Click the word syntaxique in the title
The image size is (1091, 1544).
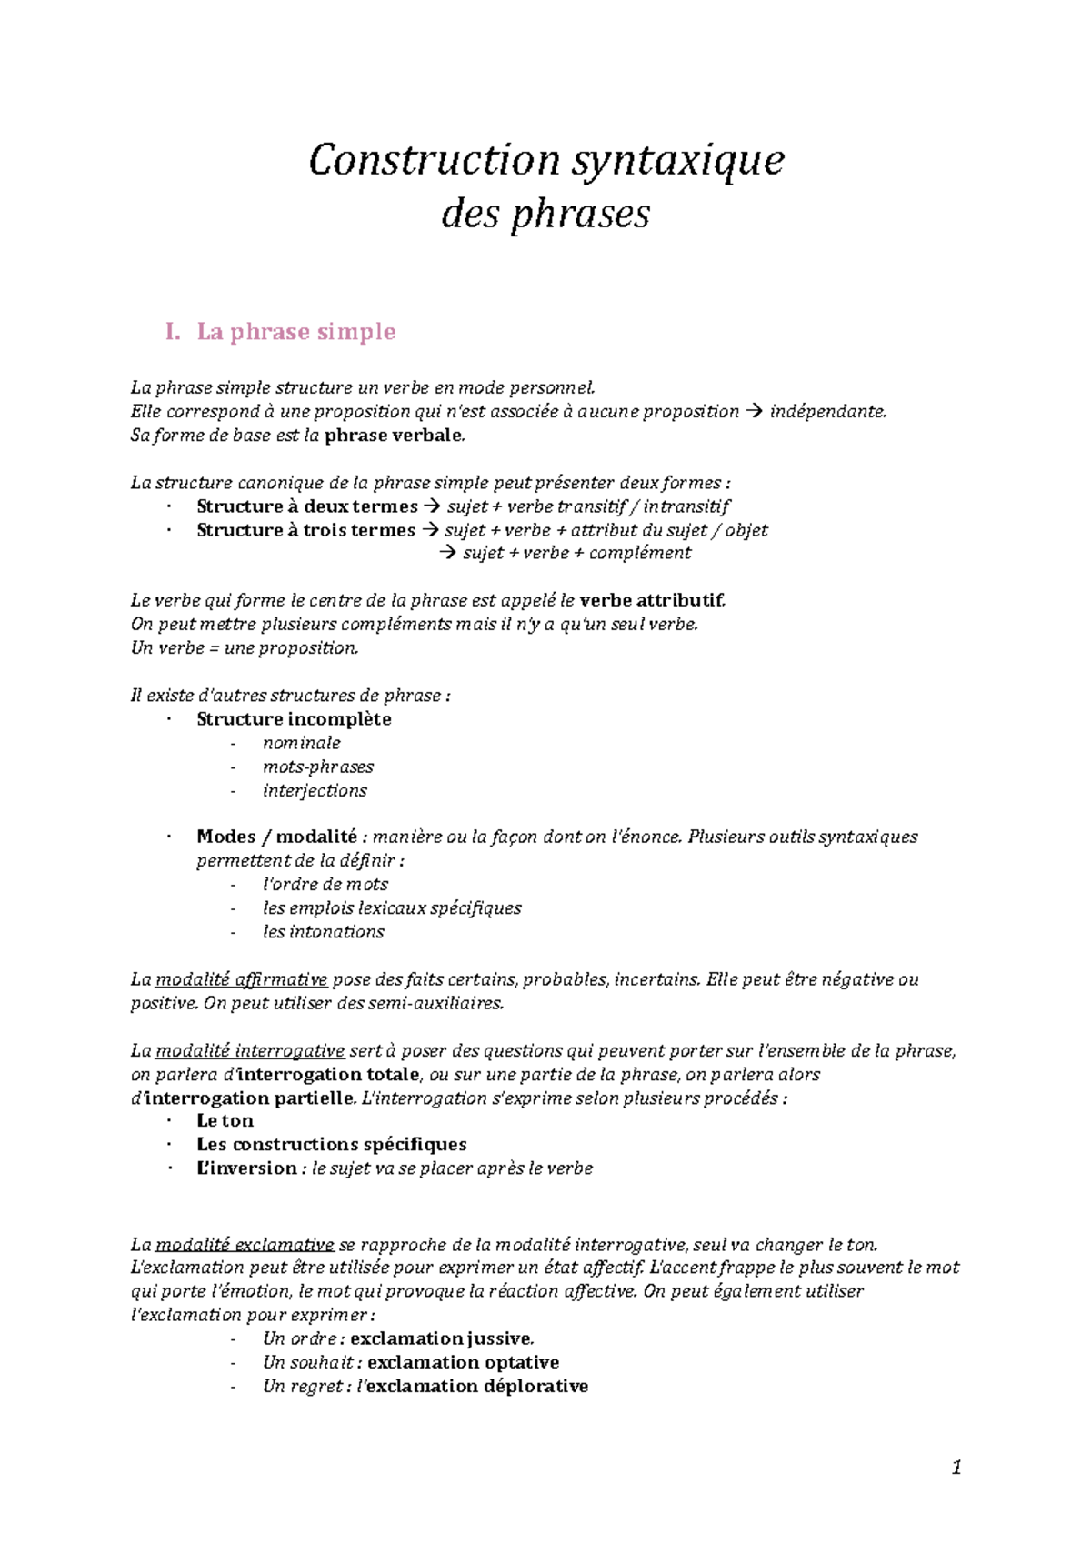pos(677,161)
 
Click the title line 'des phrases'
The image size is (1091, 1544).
pos(545,216)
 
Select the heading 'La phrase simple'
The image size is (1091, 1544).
pos(295,332)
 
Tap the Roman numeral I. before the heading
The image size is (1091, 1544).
pos(174,332)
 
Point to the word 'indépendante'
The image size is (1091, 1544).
pos(826,412)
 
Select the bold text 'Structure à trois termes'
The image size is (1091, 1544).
pos(305,530)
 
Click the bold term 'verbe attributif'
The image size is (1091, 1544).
pos(651,601)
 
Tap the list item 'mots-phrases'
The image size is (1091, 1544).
pos(318,767)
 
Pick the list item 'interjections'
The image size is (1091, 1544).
pos(315,791)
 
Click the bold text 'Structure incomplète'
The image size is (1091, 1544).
pos(294,719)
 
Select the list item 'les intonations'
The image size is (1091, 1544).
pos(323,932)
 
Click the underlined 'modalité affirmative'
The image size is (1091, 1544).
pos(241,980)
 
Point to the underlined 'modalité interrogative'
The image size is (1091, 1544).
pos(250,1051)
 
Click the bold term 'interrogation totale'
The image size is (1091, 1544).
pos(327,1075)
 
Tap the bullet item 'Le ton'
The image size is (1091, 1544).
pos(225,1121)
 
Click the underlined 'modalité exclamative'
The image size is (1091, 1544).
pos(245,1245)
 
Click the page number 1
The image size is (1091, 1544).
pos(956,1468)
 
